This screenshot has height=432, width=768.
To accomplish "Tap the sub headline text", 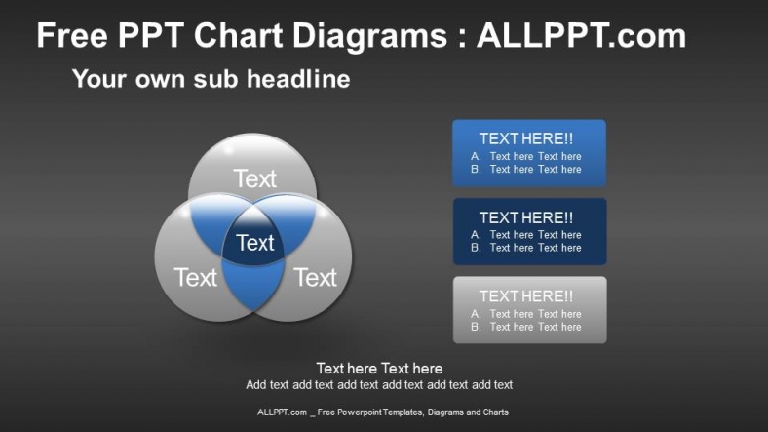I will coord(211,79).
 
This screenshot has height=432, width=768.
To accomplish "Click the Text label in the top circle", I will coord(254,178).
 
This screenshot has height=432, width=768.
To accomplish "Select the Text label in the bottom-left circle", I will coord(195,278).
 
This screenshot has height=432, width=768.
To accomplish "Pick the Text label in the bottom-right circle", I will coord(315,278).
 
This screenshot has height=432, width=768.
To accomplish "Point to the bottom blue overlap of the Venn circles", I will coord(253,287).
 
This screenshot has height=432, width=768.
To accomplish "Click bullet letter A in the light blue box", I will coord(476,156).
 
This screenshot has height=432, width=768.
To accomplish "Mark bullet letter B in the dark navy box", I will coord(476,248).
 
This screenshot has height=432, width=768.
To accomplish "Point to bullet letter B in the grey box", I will coord(476,327).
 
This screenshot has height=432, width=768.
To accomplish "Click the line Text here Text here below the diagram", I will coord(379,368).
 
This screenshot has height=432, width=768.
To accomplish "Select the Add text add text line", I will coord(379,384).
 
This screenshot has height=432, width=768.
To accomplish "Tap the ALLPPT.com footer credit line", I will coord(383,412).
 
